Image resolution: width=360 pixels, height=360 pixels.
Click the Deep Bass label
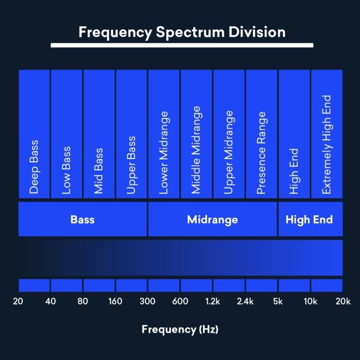click(x=34, y=166)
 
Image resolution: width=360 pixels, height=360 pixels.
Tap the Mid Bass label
click(x=98, y=171)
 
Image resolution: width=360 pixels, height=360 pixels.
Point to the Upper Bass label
click(x=131, y=165)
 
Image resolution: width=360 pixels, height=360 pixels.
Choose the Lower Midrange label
click(x=164, y=152)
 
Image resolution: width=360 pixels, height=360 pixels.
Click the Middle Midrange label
click(x=196, y=150)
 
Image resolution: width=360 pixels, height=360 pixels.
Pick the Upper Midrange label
click(x=229, y=152)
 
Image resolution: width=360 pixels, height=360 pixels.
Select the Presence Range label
click(x=262, y=153)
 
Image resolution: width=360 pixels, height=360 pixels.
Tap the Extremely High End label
click(x=327, y=144)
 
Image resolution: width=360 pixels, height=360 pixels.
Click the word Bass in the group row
click(x=82, y=219)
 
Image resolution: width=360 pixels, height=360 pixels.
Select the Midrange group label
click(x=212, y=219)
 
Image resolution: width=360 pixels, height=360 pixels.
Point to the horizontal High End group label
click(x=309, y=219)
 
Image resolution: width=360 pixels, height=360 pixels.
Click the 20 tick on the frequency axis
click(x=18, y=301)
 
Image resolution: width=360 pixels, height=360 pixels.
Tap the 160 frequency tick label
click(x=115, y=301)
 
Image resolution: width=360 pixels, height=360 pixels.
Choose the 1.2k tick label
click(x=212, y=301)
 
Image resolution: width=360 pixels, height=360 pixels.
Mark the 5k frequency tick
click(x=278, y=301)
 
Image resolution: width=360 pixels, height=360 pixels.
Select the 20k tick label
click(x=343, y=301)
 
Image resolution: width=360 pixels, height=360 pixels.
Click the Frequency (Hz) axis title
click(x=180, y=330)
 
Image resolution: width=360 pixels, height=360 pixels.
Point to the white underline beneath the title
click(x=182, y=45)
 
